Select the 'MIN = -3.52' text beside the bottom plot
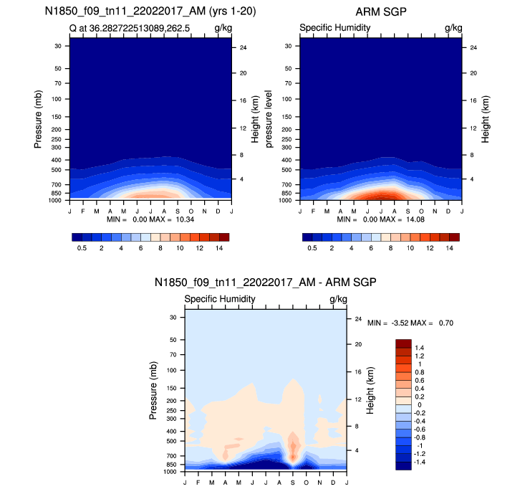coord(390,323)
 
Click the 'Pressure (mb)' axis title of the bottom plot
coord(154,391)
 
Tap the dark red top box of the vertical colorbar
coord(403,343)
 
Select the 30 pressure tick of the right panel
coord(289,46)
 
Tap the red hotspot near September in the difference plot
coord(293,448)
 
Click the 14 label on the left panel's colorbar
coord(219,247)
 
